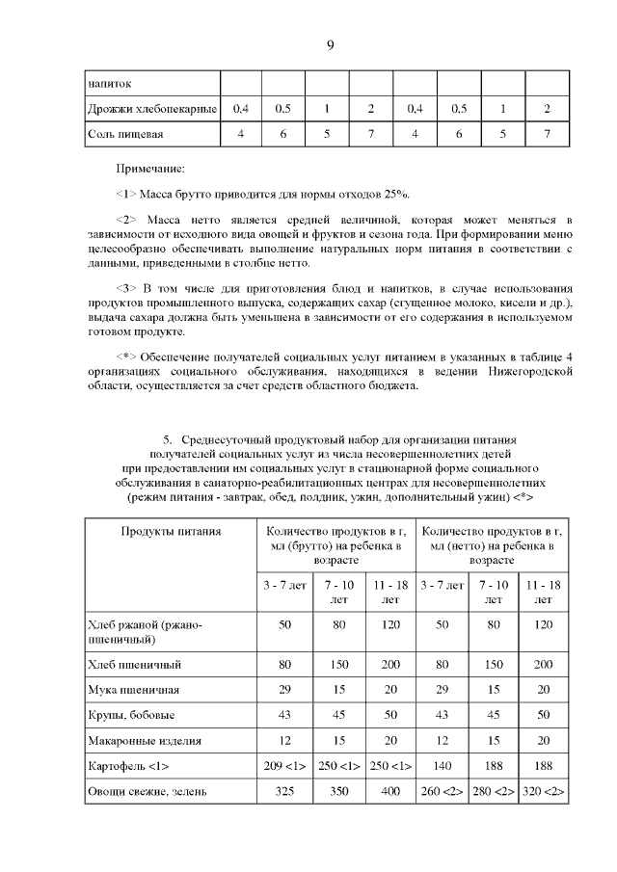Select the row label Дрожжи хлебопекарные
pyautogui.click(x=151, y=108)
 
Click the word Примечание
pyautogui.click(x=151, y=168)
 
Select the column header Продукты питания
pyautogui.click(x=171, y=531)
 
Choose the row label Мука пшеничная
pyautogui.click(x=133, y=690)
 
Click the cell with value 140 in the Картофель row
pyautogui.click(x=442, y=767)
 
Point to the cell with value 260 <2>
pyautogui.click(x=442, y=793)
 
